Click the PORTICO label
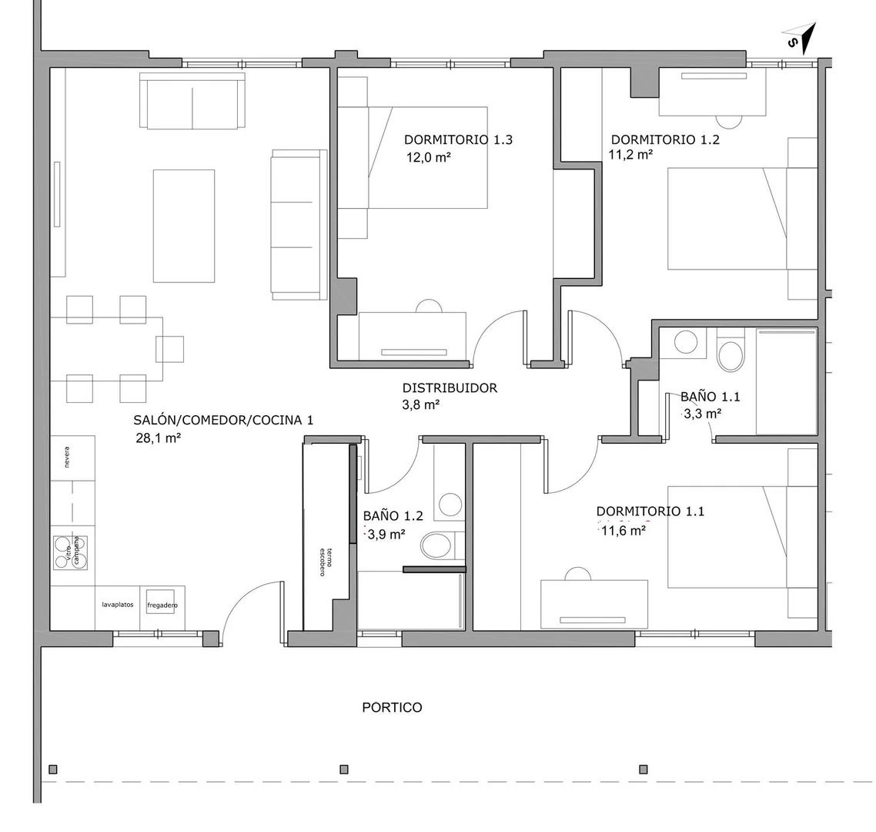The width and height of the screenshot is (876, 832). click(392, 707)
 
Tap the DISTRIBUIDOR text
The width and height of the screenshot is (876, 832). click(450, 387)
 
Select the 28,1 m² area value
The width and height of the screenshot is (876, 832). click(158, 438)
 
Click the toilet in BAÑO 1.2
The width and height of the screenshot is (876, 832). click(439, 545)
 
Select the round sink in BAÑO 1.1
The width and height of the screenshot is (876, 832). click(686, 341)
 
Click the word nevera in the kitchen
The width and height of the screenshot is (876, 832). click(67, 457)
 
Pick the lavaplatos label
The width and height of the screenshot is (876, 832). click(117, 605)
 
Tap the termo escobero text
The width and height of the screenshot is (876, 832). click(326, 561)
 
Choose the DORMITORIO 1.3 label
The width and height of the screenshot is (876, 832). click(458, 139)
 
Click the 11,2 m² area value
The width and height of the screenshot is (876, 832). click(630, 154)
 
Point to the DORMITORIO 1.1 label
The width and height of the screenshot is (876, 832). click(650, 511)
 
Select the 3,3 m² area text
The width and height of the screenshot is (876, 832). click(703, 414)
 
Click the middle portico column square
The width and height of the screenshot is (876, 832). click(344, 770)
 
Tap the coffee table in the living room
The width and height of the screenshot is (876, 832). click(184, 226)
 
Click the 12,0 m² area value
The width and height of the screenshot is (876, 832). click(429, 158)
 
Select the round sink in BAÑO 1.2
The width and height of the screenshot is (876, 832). click(450, 505)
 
